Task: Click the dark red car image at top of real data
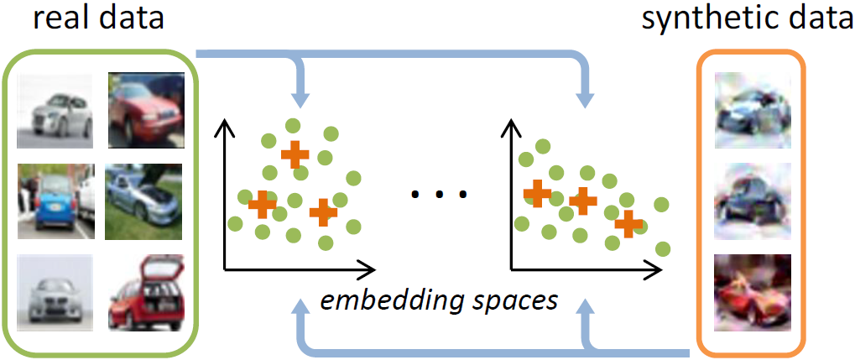[145, 108]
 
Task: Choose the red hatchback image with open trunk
[145, 291]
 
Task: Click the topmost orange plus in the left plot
[295, 154]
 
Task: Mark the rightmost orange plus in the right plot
[627, 222]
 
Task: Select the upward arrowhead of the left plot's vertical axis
[224, 127]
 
